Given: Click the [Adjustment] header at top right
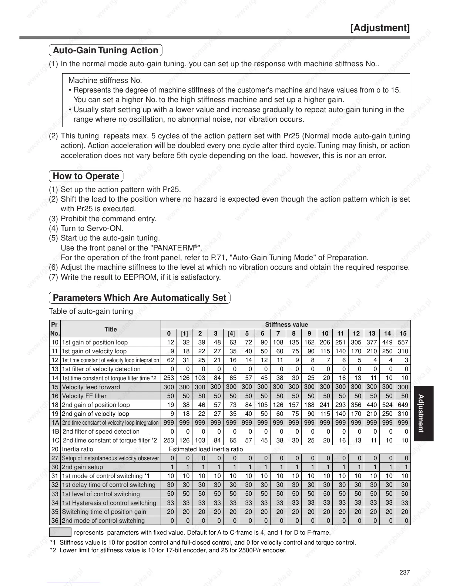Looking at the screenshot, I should (380, 28).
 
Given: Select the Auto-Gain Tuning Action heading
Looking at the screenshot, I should (105, 50).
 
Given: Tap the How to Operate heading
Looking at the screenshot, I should (86, 176).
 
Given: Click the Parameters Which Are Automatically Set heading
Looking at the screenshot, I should (140, 298).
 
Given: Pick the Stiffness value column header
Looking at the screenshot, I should (286, 324).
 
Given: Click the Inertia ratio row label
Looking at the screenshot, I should (78, 449).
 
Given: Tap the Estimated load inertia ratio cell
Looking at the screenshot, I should (206, 449).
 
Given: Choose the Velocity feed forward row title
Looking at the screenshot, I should (91, 387).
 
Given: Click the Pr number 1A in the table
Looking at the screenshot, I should (55, 422).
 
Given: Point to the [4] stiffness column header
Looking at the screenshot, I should (231, 333).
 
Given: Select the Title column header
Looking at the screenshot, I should (110, 329).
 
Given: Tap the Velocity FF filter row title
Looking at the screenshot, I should (84, 396).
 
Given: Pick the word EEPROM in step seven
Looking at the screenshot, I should (136, 277).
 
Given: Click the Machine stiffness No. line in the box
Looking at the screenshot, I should (105, 80).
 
